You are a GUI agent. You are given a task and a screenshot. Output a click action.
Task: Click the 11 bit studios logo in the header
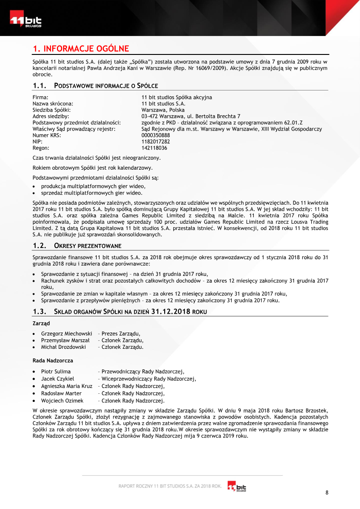click(x=26, y=21)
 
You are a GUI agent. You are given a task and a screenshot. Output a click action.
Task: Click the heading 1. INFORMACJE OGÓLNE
click(x=81, y=49)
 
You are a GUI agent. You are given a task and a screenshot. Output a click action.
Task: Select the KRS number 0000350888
click(x=156, y=135)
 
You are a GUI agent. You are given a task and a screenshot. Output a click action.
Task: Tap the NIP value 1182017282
click(x=156, y=142)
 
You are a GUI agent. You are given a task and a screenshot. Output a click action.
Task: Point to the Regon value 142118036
click(x=154, y=148)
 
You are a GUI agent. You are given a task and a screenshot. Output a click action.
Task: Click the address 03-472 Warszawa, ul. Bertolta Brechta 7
click(x=191, y=116)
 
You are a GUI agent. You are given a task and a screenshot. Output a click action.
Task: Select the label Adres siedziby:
click(x=51, y=116)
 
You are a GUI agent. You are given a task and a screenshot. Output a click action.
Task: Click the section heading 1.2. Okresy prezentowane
click(x=77, y=246)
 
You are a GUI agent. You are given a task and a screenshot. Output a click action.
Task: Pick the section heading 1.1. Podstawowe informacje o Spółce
click(x=95, y=86)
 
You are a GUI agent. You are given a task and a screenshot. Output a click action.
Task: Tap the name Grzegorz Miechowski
click(x=67, y=333)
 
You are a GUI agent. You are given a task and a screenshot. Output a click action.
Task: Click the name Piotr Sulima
click(x=56, y=372)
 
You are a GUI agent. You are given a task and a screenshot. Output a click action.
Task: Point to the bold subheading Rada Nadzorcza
click(x=53, y=360)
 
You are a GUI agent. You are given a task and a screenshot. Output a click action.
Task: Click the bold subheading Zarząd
click(x=41, y=323)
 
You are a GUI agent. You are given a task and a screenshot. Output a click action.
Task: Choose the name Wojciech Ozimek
click(x=62, y=401)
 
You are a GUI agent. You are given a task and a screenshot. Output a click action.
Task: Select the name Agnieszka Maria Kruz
click(x=67, y=386)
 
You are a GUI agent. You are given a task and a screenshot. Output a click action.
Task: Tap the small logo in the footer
click(x=237, y=486)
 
